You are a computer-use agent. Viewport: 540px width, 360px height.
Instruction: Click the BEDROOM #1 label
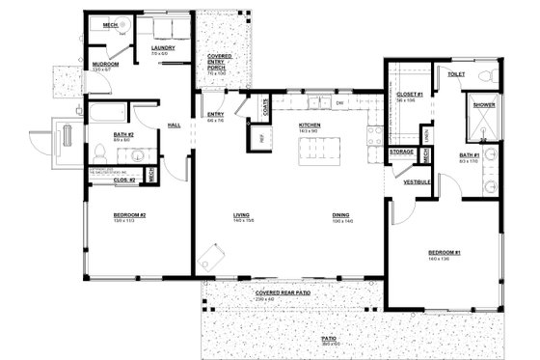point(445,253)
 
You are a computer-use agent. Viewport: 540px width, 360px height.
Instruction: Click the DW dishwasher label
point(339,102)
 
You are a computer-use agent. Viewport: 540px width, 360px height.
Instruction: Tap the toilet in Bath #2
point(99,151)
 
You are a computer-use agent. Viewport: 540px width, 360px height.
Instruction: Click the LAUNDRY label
point(162,48)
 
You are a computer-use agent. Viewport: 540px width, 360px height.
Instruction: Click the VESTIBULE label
point(417,181)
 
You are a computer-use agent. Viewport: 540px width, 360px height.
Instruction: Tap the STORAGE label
point(402,152)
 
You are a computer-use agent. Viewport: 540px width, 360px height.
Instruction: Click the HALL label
point(175,125)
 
